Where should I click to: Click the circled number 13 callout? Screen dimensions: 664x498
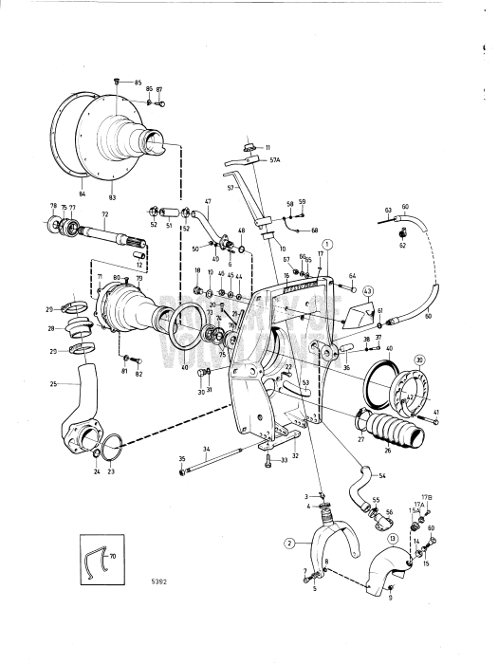(x=390, y=538)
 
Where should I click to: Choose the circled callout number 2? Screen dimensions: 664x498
(x=288, y=544)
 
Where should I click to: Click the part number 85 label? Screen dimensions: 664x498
(x=137, y=83)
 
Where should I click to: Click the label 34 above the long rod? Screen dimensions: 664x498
(x=205, y=449)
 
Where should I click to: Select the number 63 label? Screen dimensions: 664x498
(x=388, y=208)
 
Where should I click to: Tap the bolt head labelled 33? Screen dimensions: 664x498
(x=269, y=461)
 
